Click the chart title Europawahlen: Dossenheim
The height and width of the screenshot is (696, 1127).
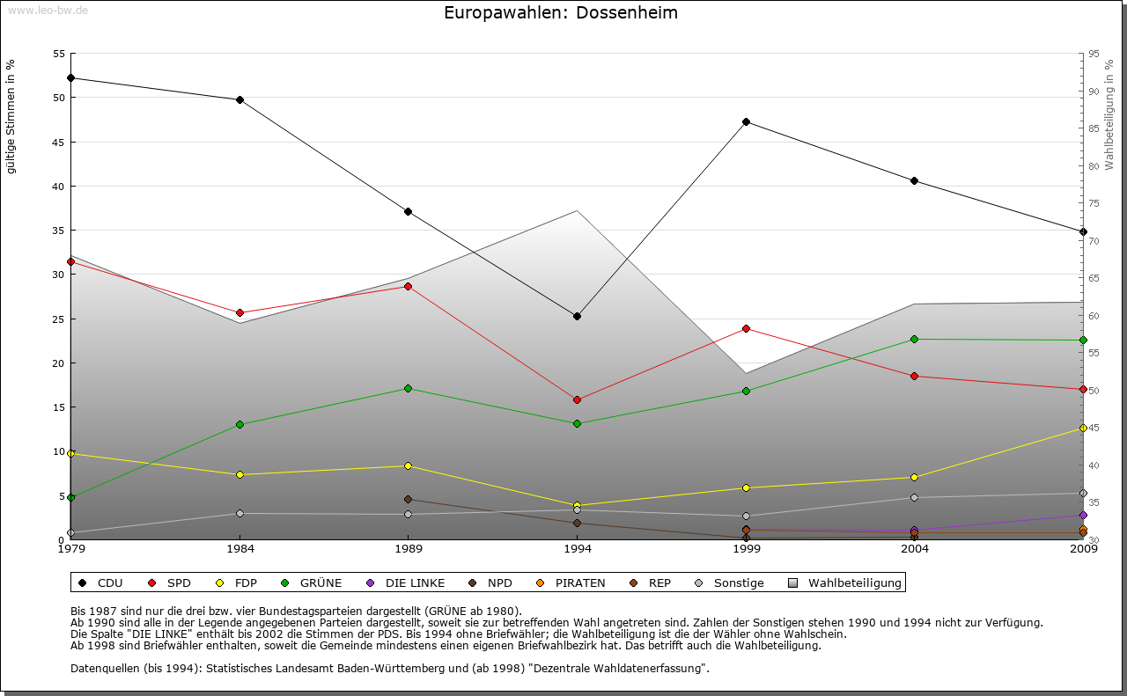point(561,13)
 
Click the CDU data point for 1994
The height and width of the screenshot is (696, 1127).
point(577,316)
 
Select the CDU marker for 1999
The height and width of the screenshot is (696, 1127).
point(746,121)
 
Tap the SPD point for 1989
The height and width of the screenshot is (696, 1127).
point(408,286)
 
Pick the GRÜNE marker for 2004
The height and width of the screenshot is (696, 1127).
point(914,339)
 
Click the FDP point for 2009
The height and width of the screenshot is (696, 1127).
point(1083,428)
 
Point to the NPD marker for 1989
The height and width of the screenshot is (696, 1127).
point(408,499)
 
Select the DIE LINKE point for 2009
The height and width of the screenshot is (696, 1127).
point(1083,515)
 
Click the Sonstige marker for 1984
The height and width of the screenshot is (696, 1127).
point(239,513)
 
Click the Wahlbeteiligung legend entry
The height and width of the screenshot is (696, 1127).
point(844,582)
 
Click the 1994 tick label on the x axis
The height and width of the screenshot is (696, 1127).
point(578,550)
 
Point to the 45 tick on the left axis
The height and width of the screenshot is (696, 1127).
point(59,142)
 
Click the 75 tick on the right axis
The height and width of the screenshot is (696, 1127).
point(1093,203)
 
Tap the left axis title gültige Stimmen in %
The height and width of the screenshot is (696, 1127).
point(11,116)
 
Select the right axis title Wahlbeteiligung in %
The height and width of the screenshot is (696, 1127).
point(1109,114)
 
